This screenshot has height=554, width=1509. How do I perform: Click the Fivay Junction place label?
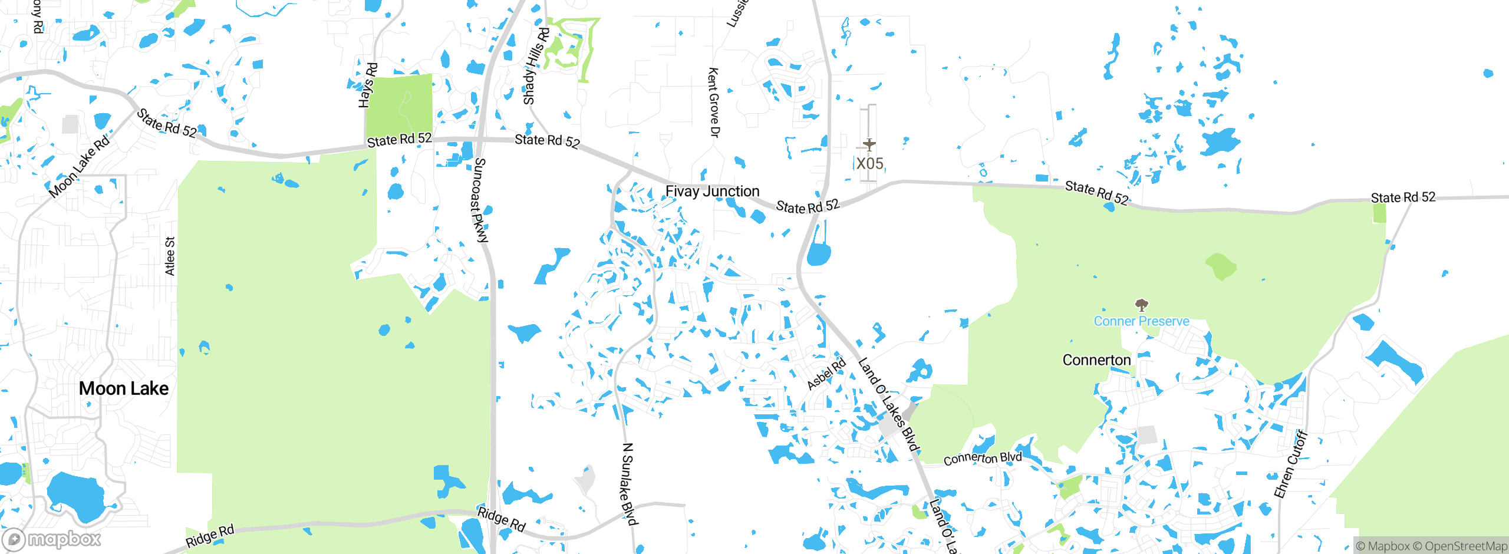712,192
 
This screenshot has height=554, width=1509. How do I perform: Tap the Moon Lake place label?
124,388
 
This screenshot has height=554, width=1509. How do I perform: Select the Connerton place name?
1096,360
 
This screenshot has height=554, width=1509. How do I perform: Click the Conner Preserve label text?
1141,321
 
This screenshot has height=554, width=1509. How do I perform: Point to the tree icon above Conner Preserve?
1142,305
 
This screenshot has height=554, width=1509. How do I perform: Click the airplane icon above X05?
869,144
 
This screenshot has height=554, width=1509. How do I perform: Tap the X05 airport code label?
869,163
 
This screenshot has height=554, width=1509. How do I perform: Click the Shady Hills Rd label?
536,66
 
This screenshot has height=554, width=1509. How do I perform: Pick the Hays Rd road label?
368,85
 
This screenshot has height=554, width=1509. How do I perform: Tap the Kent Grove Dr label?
713,103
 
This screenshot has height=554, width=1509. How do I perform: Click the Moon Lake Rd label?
79,166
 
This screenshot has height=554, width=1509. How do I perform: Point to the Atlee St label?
170,256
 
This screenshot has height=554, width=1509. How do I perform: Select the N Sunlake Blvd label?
629,483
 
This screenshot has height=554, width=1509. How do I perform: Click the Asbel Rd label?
826,374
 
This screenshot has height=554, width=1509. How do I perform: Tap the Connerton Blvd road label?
982,458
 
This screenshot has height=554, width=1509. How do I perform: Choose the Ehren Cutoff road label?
1291,464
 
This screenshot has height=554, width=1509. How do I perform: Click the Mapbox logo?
52,539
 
